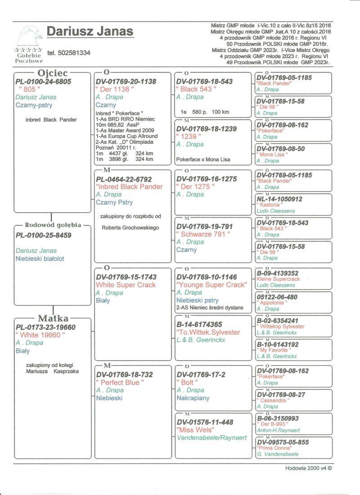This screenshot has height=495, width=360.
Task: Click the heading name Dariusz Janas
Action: coord(90,32)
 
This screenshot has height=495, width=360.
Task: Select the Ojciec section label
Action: coord(52,73)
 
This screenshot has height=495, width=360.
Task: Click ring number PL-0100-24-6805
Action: coord(43,82)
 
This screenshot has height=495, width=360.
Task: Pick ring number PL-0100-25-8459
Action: coord(43,235)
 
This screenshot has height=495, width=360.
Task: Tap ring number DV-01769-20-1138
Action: coord(126,82)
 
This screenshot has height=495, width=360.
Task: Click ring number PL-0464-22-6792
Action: coord(124,179)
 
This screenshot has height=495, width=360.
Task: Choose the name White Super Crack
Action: coord(126,285)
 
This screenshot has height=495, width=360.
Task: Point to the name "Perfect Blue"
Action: coord(120,382)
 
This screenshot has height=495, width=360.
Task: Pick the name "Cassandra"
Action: coord(273,400)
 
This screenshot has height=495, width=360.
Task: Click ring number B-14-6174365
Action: coord(199,324)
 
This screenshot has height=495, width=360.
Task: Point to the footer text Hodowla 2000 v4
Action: coord(308,468)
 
